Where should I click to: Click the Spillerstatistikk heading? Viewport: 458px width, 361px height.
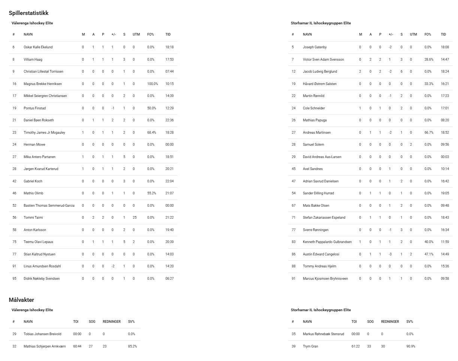pos(28,13)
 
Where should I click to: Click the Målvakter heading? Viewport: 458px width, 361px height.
pos(21,300)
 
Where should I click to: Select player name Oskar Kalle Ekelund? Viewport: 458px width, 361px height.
pos(38,47)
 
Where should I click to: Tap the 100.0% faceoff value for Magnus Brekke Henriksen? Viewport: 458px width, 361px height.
pos(153,84)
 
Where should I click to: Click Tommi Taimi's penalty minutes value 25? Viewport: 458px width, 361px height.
pos(134,218)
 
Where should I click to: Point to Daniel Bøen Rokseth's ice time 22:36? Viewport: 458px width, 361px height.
pos(169,120)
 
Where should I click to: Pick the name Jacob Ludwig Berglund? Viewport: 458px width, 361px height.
pos(320,72)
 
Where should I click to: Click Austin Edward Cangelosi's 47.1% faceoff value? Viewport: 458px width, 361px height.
pos(429,254)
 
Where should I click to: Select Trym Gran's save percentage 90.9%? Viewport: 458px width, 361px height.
pos(411,346)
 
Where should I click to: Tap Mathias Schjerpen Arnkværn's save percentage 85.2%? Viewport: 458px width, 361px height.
pos(132,346)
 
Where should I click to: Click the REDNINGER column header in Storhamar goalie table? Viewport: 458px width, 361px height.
pos(390,322)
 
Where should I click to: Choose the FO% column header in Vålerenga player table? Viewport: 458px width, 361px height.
pos(150,34)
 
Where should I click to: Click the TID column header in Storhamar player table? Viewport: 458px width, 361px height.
pos(443,34)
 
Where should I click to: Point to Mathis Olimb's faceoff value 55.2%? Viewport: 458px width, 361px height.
pos(151,193)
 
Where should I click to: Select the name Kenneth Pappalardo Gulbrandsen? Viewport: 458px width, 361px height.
pos(327,242)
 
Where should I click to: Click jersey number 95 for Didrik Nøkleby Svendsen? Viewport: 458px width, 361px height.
pos(14,279)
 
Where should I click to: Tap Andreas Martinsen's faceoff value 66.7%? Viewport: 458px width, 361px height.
pos(429,133)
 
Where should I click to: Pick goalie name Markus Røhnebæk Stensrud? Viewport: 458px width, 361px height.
pos(323,334)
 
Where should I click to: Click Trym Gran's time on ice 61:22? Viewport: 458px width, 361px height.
pos(355,346)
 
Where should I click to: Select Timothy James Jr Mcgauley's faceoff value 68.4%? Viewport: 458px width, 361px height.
pos(151,133)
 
